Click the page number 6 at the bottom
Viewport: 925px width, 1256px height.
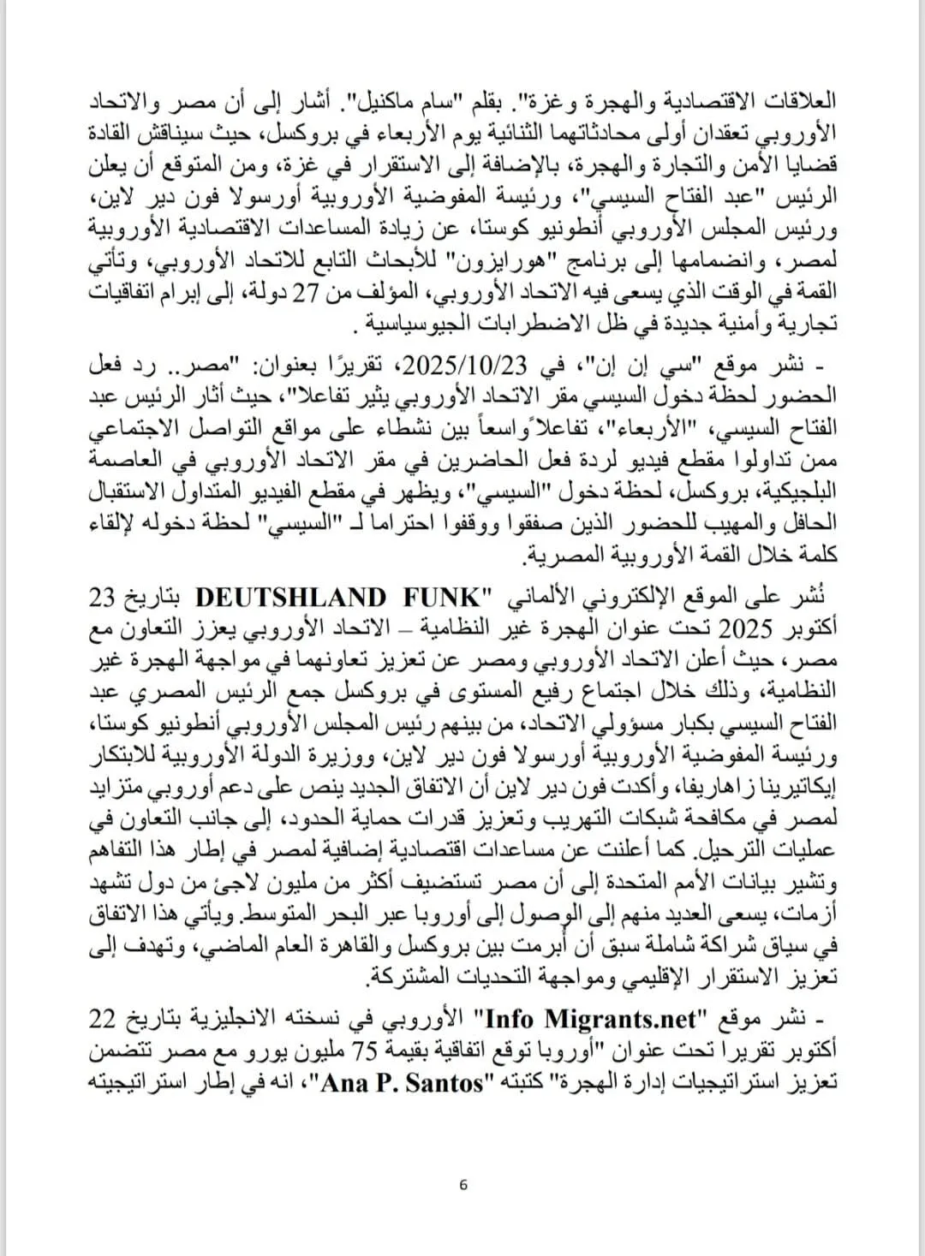[x=463, y=1185]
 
